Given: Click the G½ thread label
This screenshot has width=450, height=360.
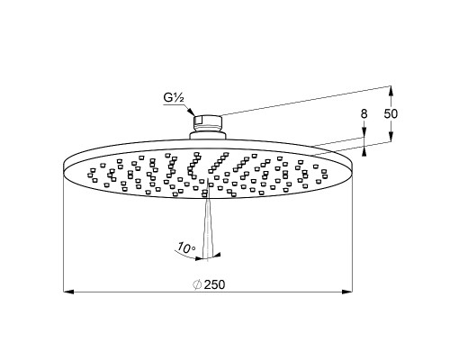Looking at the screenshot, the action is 174,98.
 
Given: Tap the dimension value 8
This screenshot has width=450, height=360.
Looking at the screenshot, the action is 364,114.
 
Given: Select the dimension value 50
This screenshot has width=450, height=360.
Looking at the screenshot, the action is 391,114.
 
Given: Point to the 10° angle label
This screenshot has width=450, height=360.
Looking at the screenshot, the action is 186,247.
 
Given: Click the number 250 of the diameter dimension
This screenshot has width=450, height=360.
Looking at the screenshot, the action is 214,284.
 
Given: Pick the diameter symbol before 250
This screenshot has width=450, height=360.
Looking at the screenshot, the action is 197,284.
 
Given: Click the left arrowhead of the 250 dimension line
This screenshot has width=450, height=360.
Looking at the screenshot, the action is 68,292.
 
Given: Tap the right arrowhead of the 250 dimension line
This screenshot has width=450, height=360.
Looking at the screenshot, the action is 347,292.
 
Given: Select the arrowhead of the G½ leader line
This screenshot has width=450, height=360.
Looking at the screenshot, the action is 191,112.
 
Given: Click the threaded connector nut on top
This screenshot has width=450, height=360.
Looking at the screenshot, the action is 207,122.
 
